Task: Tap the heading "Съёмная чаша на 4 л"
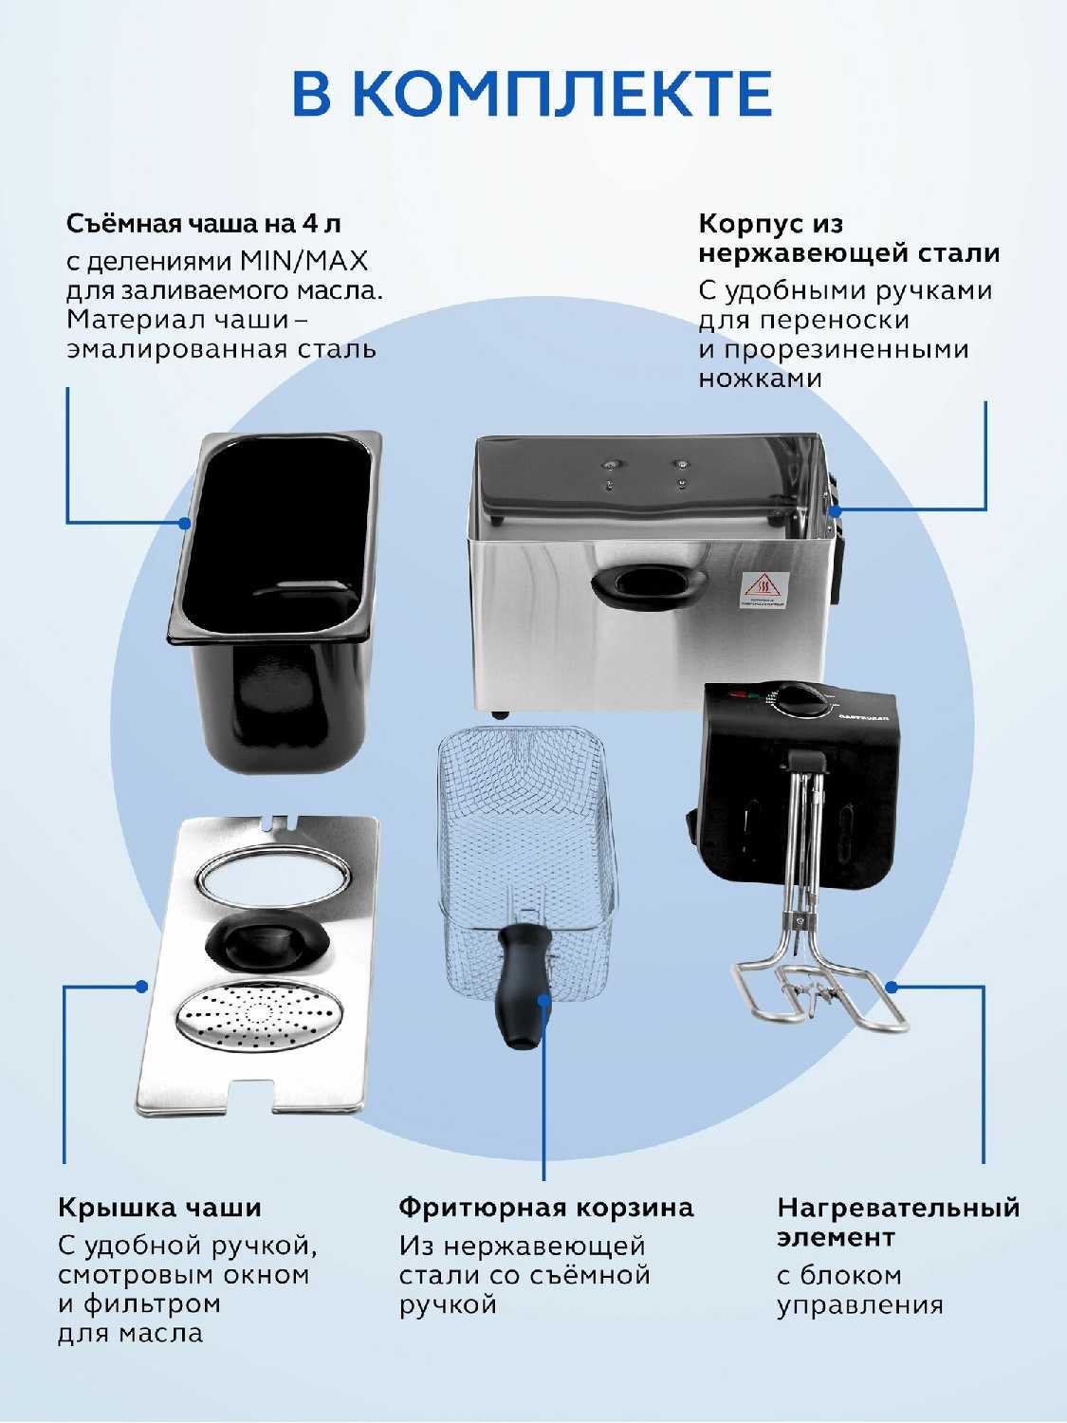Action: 203,224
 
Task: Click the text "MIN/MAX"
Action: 304,261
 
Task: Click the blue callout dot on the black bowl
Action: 185,523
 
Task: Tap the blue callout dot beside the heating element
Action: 892,988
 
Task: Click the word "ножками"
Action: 760,378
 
